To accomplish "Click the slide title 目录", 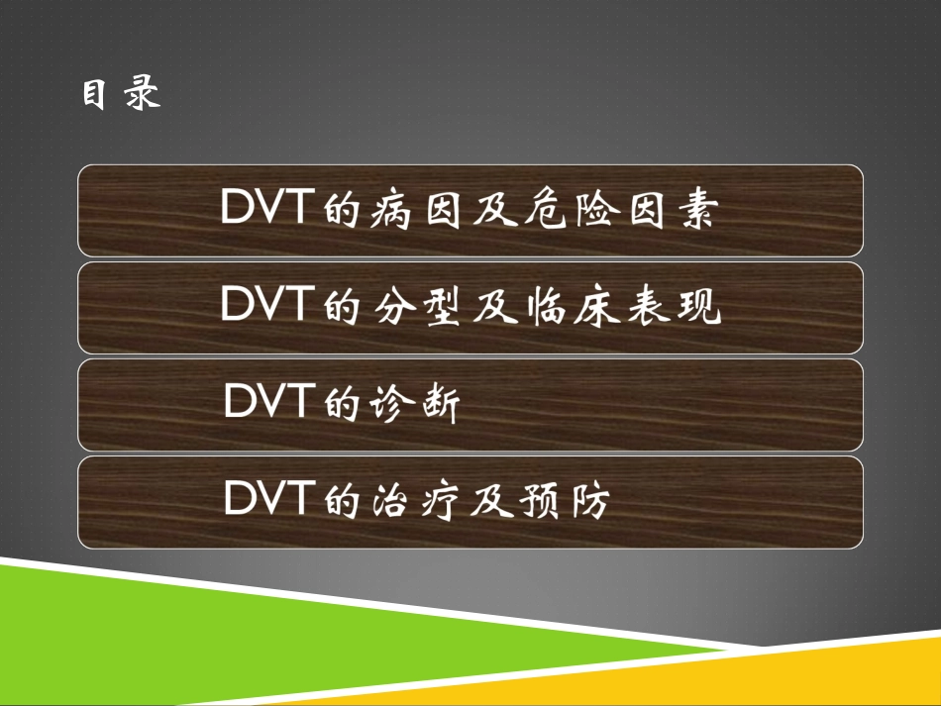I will (x=121, y=95).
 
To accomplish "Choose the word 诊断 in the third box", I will (x=415, y=406).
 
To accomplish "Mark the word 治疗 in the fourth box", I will (x=415, y=502).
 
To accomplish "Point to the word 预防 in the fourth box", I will (x=562, y=502).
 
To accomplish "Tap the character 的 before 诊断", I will (x=341, y=406).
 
